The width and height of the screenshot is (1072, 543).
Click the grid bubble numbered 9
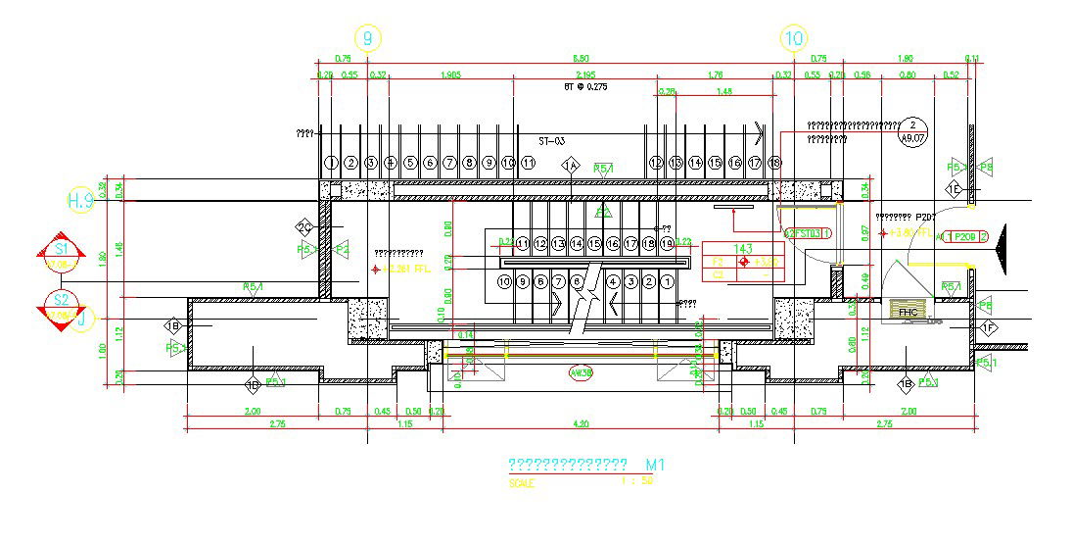pyautogui.click(x=368, y=39)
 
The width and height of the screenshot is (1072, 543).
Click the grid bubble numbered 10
pyautogui.click(x=794, y=39)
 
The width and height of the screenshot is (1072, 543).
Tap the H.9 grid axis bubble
pyautogui.click(x=81, y=201)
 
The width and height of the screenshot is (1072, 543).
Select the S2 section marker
pyautogui.click(x=61, y=305)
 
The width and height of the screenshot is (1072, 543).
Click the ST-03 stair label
pyautogui.click(x=552, y=141)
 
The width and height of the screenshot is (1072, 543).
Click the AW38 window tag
pyautogui.click(x=581, y=373)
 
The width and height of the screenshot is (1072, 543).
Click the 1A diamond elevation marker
pyautogui.click(x=572, y=166)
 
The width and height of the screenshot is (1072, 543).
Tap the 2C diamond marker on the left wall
pyautogui.click(x=304, y=228)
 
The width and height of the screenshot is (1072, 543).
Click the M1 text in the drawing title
pyautogui.click(x=655, y=464)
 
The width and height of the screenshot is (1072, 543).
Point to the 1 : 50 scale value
pyautogui.click(x=637, y=480)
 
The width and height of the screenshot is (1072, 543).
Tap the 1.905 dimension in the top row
pyautogui.click(x=451, y=74)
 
